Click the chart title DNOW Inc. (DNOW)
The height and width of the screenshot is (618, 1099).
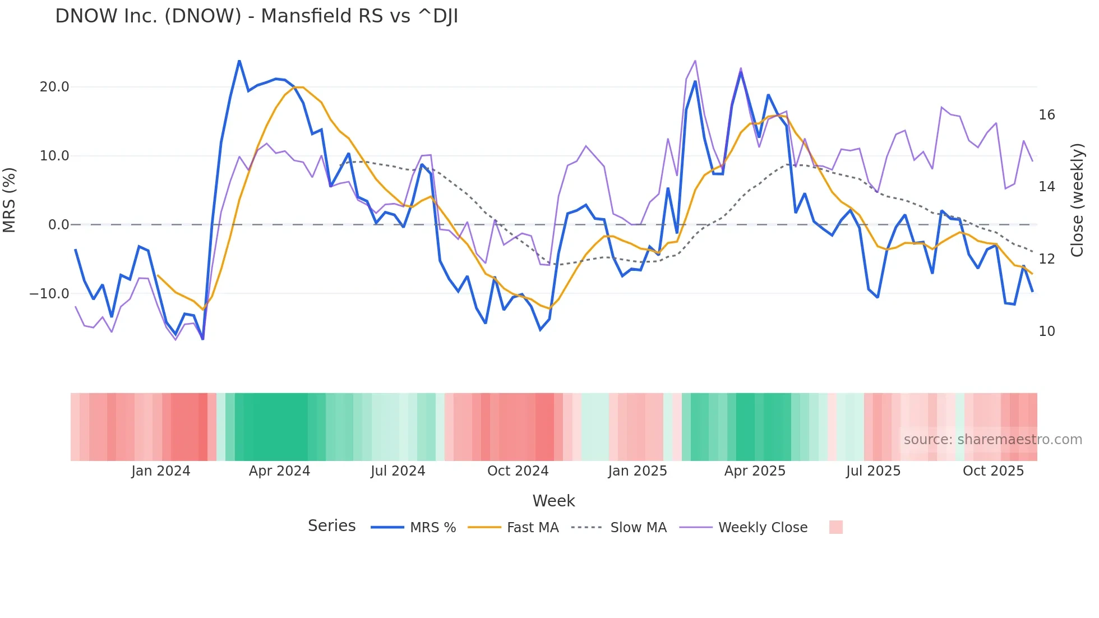pyautogui.click(x=256, y=16)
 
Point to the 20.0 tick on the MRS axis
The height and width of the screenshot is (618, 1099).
pyautogui.click(x=54, y=87)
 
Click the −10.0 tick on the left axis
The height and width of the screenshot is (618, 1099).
pyautogui.click(x=49, y=294)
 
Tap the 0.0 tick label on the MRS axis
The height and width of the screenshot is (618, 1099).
pyautogui.click(x=58, y=225)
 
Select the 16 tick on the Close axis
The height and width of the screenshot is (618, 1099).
pyautogui.click(x=1046, y=115)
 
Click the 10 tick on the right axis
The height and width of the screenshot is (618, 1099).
pyautogui.click(x=1046, y=331)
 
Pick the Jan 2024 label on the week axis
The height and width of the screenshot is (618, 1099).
pyautogui.click(x=161, y=471)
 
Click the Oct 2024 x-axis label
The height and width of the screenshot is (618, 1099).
pyautogui.click(x=518, y=471)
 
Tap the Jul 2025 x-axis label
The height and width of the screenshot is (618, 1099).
pyautogui.click(x=873, y=471)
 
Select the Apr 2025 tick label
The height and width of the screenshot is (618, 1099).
pyautogui.click(x=755, y=471)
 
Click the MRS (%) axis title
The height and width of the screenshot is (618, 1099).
pyautogui.click(x=10, y=200)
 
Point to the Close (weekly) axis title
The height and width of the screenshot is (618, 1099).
pyautogui.click(x=1077, y=200)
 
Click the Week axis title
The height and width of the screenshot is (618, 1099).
pyautogui.click(x=553, y=501)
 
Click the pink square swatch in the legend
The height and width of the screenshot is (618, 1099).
pyautogui.click(x=835, y=527)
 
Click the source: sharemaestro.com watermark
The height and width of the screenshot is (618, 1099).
pyautogui.click(x=992, y=440)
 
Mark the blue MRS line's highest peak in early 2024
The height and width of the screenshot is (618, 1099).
pyautogui.click(x=239, y=61)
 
